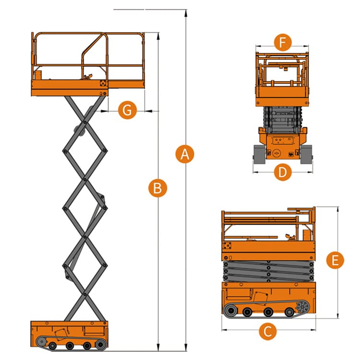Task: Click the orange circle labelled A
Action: point(185,154)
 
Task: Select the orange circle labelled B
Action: point(158,188)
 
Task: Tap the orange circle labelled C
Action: point(268,331)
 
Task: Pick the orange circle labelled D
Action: point(283,172)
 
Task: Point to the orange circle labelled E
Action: point(335,260)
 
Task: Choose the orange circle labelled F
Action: point(283,42)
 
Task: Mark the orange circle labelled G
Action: point(127,110)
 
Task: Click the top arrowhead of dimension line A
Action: point(186,13)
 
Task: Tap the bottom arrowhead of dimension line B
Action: point(158,348)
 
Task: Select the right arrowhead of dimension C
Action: point(312,330)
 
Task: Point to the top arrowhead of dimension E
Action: point(337,210)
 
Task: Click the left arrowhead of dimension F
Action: point(259,46)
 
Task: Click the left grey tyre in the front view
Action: point(259,154)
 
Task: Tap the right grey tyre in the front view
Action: point(306,154)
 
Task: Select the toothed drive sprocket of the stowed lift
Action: point(302,307)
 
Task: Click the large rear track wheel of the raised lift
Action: point(100,345)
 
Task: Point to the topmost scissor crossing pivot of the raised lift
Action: point(85,122)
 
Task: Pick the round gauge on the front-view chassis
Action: point(276,153)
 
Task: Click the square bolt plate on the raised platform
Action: point(104,83)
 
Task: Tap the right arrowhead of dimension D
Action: point(310,172)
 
